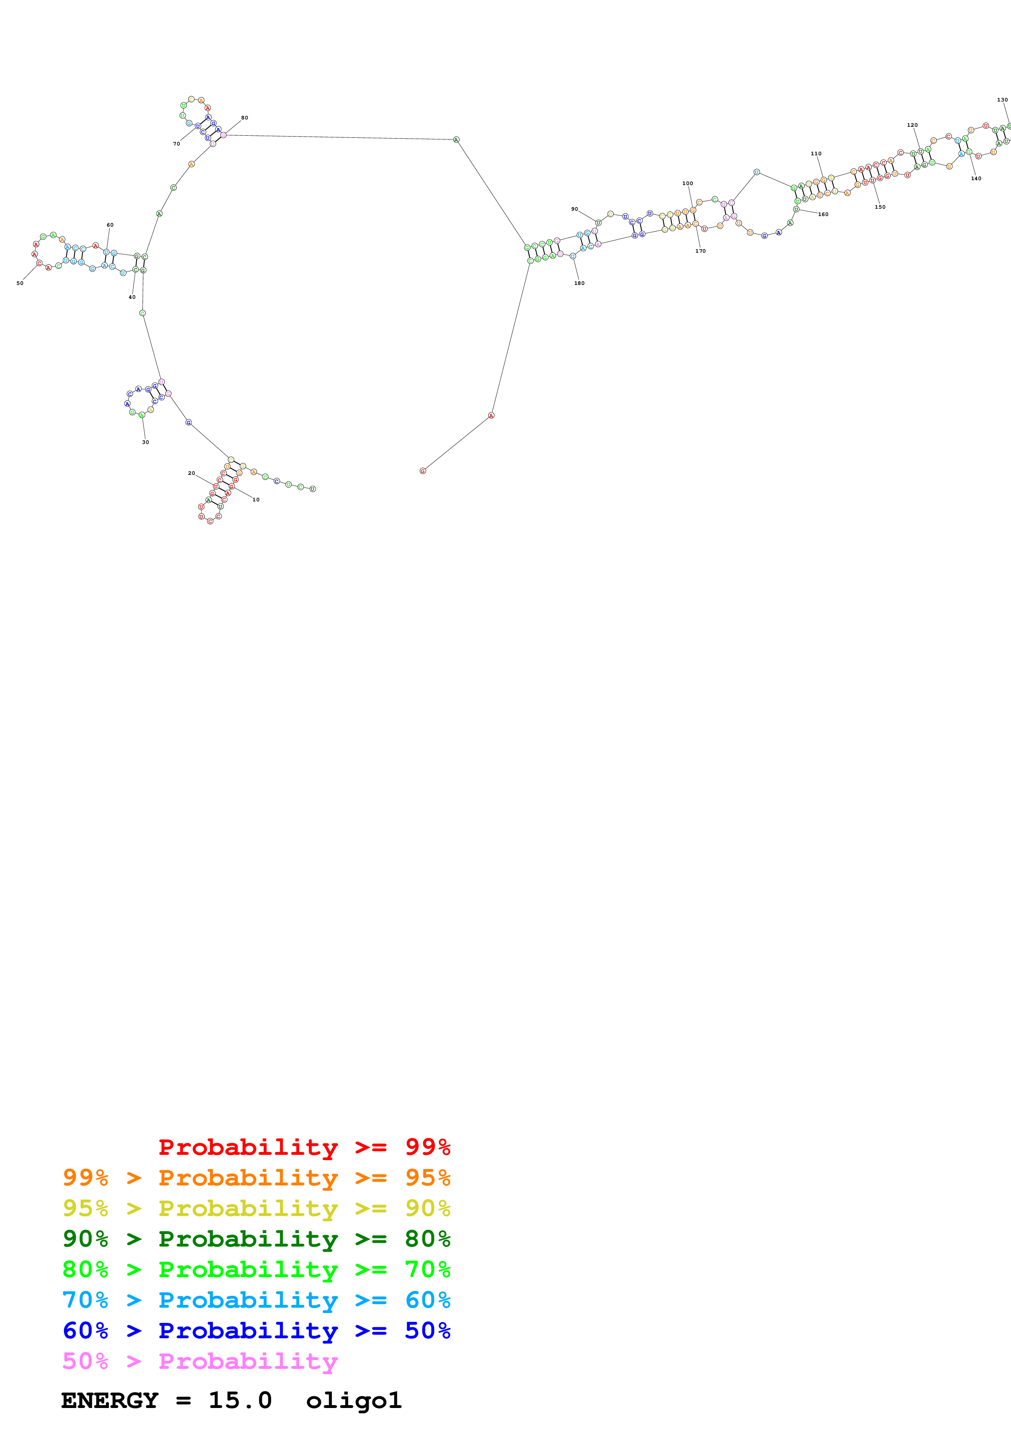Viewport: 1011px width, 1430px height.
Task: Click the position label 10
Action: pos(256,499)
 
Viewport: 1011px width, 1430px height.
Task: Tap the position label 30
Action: pos(146,442)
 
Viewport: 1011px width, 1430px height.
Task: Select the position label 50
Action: pos(20,283)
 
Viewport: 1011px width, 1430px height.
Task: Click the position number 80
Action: pos(245,118)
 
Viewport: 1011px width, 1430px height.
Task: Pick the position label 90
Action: pos(574,209)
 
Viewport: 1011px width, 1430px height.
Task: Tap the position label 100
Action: pos(688,184)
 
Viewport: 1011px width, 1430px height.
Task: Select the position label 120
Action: pos(912,125)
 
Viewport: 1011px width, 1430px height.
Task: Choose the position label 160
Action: pos(823,214)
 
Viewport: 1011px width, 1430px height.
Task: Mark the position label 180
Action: pos(579,283)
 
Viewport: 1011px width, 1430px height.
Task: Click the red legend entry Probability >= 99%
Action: pos(304,1147)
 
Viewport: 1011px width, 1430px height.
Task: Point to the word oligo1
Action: pos(354,1400)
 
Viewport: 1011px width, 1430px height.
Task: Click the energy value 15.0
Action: pos(241,1400)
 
